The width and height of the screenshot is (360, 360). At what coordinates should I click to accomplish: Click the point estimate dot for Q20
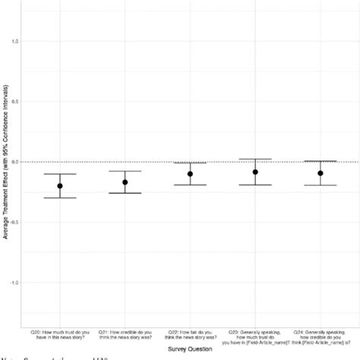coord(59,186)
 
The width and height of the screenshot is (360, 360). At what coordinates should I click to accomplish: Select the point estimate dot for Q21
coord(125,182)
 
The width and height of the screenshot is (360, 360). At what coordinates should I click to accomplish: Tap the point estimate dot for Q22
coord(190,174)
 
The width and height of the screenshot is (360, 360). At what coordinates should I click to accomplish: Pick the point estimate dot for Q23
coord(255,172)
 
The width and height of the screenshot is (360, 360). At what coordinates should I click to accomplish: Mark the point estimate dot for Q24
coord(321,173)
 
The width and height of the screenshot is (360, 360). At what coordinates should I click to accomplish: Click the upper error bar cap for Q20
coord(59,174)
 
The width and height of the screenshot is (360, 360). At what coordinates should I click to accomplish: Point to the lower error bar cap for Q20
coord(59,198)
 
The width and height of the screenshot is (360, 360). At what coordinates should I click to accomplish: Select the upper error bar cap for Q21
coord(125,171)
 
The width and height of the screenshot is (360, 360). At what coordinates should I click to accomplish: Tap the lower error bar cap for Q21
coord(125,193)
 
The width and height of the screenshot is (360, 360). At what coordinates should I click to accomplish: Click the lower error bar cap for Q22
coord(190,185)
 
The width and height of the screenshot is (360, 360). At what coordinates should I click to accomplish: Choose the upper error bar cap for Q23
coord(255,159)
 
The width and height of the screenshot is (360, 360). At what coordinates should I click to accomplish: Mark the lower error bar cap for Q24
coord(321,185)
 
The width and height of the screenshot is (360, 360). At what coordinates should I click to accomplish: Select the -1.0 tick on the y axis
coord(13,283)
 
